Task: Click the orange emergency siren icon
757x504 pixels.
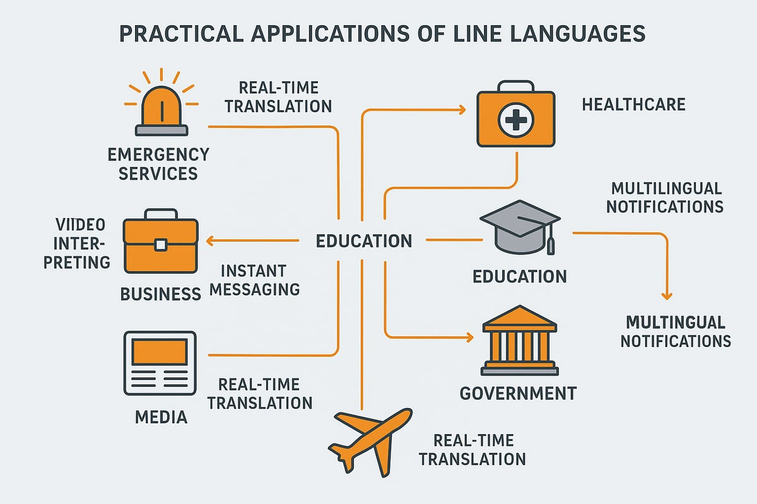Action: tap(161, 107)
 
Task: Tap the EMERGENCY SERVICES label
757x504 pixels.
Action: tap(158, 163)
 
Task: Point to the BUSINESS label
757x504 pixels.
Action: tap(160, 294)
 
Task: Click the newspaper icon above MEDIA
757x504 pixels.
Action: tap(160, 362)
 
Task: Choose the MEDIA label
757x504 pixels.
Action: tap(161, 416)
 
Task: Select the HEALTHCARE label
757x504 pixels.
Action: tap(633, 104)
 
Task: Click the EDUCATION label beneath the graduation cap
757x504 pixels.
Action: tap(519, 276)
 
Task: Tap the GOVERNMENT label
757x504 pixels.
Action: tap(518, 394)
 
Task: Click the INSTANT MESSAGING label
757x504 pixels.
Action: tap(260, 280)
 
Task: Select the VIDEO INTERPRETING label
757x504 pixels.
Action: tap(79, 243)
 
